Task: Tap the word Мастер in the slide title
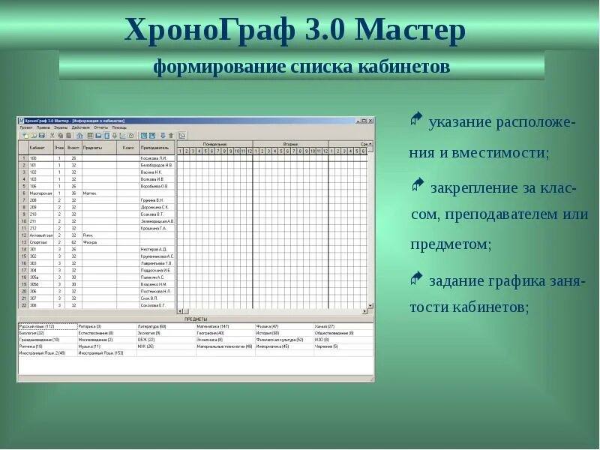[410, 30]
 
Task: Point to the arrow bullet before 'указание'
[417, 118]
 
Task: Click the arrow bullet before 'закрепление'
[417, 184]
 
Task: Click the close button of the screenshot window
[370, 120]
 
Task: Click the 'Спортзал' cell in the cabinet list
[37, 242]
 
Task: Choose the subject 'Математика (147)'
[214, 326]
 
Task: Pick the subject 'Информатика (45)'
[272, 346]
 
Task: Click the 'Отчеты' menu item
[101, 127]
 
